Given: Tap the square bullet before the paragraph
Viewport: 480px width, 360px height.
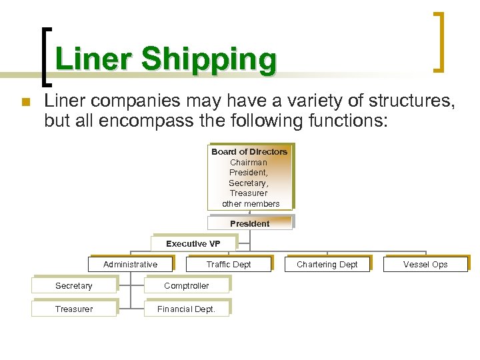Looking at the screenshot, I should tap(25, 102).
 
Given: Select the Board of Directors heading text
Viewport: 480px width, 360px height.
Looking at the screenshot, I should tap(249, 152).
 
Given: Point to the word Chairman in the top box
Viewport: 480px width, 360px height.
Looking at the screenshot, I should tap(249, 162).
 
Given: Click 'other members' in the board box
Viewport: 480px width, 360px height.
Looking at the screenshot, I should tap(251, 203).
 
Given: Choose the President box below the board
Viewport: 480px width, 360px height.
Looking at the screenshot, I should tap(250, 223).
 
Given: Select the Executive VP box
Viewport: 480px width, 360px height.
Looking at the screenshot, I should tap(193, 244).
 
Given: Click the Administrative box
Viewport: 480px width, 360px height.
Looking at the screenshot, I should tap(131, 265).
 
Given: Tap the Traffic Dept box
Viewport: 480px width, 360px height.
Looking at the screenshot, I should tap(229, 265).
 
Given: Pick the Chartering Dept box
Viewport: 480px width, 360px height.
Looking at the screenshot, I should tap(327, 265).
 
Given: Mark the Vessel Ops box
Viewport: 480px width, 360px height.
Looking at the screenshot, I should tap(425, 265).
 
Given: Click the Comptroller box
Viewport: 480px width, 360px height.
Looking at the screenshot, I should tap(187, 286).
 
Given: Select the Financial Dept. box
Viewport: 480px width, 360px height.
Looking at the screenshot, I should tap(187, 309).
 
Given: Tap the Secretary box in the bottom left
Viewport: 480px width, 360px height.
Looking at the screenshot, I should tap(74, 286).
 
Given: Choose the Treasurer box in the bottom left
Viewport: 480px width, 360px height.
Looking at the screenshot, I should tap(74, 309).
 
